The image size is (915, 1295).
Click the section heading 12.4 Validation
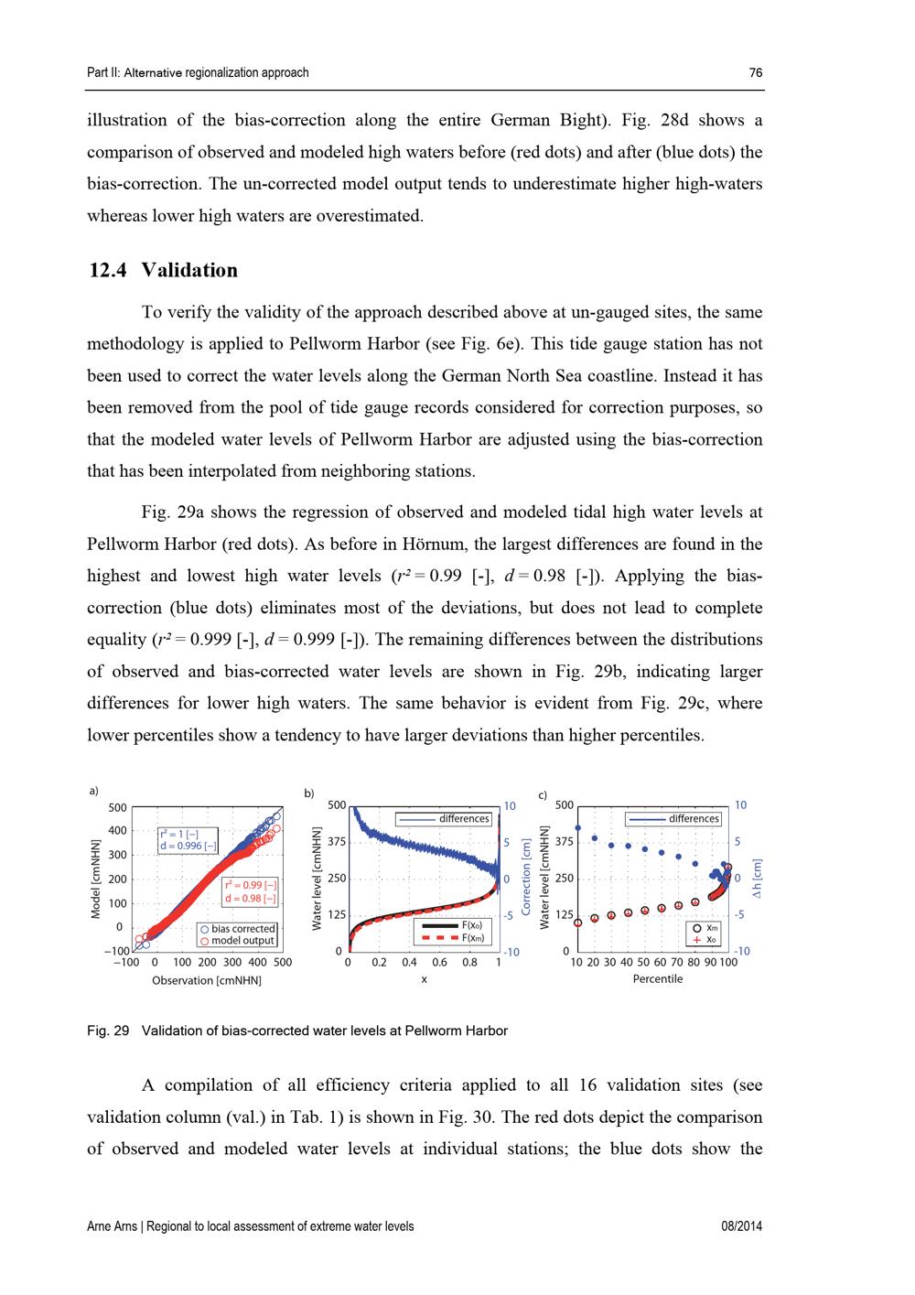(x=163, y=270)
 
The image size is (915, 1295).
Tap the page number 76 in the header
(x=755, y=73)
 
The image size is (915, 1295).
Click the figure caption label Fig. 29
(x=108, y=1031)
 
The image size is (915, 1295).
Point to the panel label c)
(x=543, y=795)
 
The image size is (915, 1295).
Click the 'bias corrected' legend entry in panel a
(x=237, y=929)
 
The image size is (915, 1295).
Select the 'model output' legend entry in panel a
(x=237, y=941)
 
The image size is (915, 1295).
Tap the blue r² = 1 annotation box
(x=188, y=840)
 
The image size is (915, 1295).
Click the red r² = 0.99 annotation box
(x=250, y=892)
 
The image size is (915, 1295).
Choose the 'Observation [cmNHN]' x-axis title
(x=207, y=980)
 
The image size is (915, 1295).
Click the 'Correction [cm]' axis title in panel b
(x=527, y=877)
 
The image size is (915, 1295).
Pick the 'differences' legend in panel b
(x=445, y=818)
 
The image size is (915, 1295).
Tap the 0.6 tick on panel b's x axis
(x=439, y=963)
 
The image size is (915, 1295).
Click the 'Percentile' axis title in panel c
(x=657, y=979)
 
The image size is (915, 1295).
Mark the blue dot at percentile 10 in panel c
(x=576, y=827)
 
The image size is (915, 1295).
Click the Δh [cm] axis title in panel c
(x=758, y=877)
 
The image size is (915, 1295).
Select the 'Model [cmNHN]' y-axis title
(x=95, y=879)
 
